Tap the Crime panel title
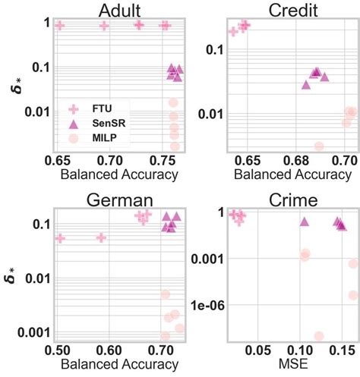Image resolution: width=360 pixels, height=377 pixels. click(292, 199)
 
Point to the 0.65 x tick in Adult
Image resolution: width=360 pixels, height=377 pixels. click(58, 162)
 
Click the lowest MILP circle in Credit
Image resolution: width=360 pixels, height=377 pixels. click(319, 146)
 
